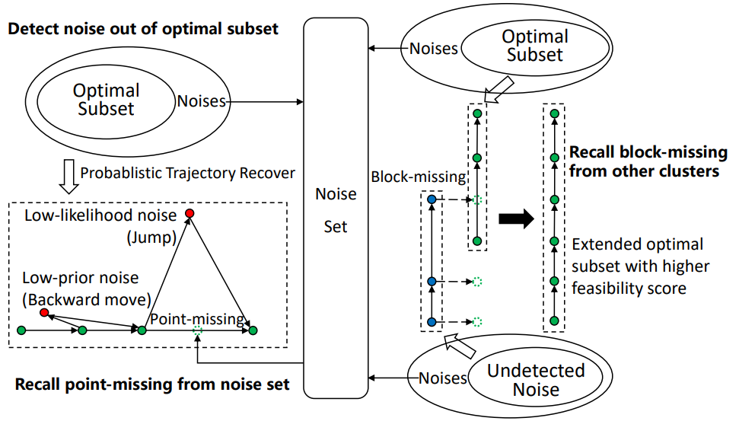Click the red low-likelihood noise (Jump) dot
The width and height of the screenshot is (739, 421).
click(190, 213)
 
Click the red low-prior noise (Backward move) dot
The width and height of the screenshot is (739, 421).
click(44, 313)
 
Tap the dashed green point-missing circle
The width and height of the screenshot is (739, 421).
click(198, 330)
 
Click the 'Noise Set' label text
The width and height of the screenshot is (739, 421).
click(336, 210)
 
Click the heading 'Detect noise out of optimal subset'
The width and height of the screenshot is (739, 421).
click(144, 29)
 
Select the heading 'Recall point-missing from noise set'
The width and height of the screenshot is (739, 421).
click(152, 384)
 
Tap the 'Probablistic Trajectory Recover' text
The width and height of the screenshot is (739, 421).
click(187, 173)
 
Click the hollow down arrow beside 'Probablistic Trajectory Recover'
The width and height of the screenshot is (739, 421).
click(68, 175)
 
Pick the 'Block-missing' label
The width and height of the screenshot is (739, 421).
click(418, 177)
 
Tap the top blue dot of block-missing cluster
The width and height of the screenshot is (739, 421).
click(432, 199)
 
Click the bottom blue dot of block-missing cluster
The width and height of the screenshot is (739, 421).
click(432, 321)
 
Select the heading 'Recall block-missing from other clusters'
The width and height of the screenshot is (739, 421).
click(643, 161)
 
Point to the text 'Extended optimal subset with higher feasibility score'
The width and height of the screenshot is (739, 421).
click(640, 266)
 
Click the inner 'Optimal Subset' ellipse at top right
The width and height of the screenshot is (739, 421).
click(535, 46)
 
